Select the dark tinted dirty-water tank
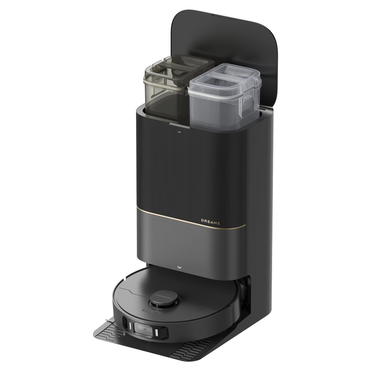[165, 93]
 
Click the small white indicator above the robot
[178, 267]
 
